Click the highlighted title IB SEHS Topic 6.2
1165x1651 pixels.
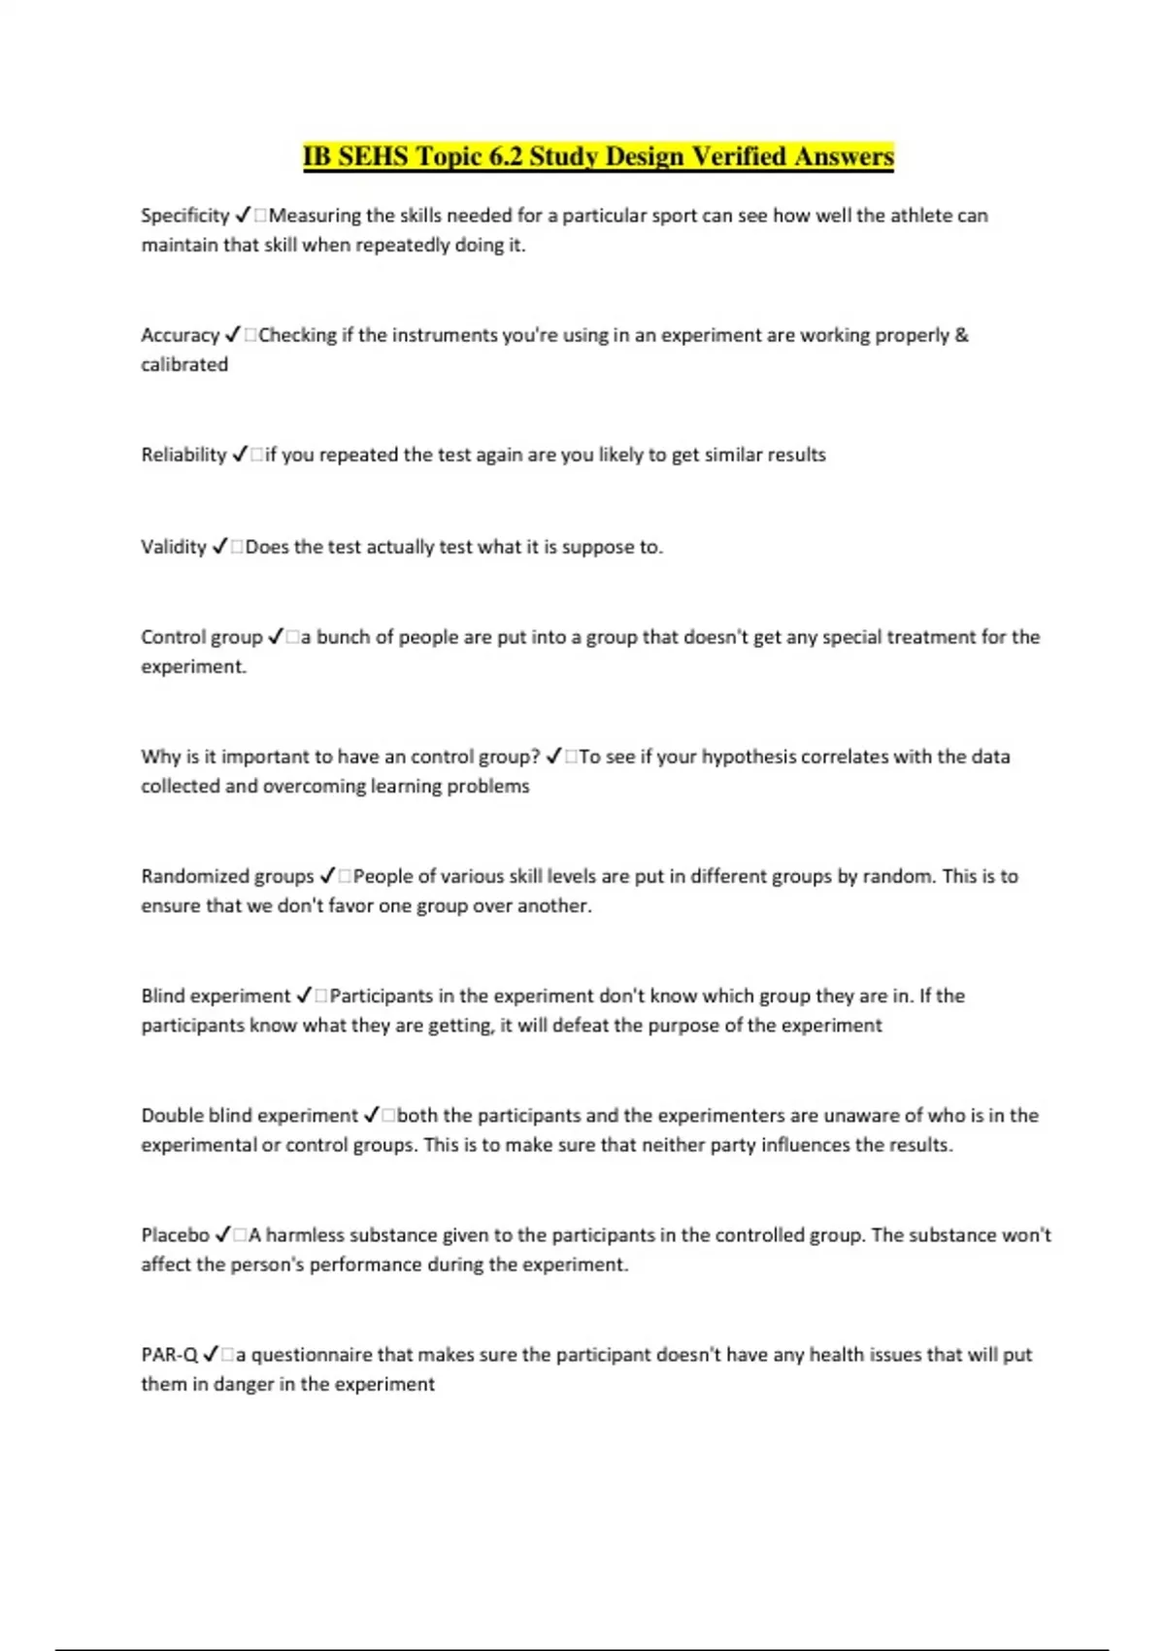pyautogui.click(x=597, y=156)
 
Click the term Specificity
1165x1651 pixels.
pyautogui.click(x=184, y=216)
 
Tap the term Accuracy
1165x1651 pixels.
pyautogui.click(x=180, y=335)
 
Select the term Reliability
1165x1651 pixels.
pyautogui.click(x=183, y=455)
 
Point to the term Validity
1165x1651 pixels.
pyautogui.click(x=174, y=547)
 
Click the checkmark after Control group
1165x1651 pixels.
pyautogui.click(x=276, y=637)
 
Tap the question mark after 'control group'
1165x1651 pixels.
pyautogui.click(x=535, y=757)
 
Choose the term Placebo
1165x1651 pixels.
pyautogui.click(x=175, y=1235)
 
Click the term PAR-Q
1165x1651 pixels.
pyautogui.click(x=169, y=1355)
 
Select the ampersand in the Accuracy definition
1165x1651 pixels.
pyautogui.click(x=961, y=335)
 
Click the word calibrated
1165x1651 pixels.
pyautogui.click(x=184, y=365)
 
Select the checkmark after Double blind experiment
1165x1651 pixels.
pyautogui.click(x=371, y=1116)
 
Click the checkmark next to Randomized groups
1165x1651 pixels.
pyautogui.click(x=327, y=876)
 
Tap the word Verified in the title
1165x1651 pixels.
pyautogui.click(x=738, y=156)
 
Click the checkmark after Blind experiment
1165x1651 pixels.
pyautogui.click(x=303, y=996)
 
